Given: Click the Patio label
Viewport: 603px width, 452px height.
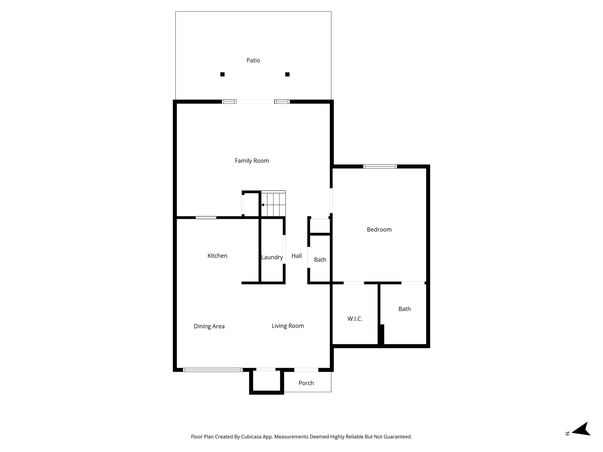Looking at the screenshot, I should [253, 60].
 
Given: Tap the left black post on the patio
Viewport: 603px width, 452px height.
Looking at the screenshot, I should [222, 74].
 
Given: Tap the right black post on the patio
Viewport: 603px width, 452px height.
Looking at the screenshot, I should [287, 74].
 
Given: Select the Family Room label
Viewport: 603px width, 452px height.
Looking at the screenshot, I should [252, 161].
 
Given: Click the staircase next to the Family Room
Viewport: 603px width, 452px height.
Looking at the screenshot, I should [274, 204].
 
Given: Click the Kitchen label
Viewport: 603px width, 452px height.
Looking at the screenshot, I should [217, 256].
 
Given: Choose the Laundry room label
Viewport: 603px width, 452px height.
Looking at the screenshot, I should [272, 257].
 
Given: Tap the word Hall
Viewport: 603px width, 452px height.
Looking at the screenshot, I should [296, 256].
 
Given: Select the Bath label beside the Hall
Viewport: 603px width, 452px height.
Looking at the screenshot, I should [320, 260].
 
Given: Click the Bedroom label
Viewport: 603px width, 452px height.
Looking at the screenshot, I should [379, 230].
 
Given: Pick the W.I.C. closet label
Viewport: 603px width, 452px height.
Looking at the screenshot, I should [355, 319].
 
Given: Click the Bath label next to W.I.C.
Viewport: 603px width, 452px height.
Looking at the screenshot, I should [404, 309].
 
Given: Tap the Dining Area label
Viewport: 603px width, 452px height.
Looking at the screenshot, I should [209, 326].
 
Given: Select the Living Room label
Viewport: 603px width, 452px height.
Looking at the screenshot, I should [288, 326].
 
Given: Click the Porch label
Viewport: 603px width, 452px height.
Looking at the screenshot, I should [306, 383].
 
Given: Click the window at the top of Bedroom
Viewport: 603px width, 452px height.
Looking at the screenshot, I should [380, 167].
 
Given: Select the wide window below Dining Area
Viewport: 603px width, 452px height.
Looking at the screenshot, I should [213, 370].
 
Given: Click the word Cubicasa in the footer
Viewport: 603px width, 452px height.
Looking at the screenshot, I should [252, 437].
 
